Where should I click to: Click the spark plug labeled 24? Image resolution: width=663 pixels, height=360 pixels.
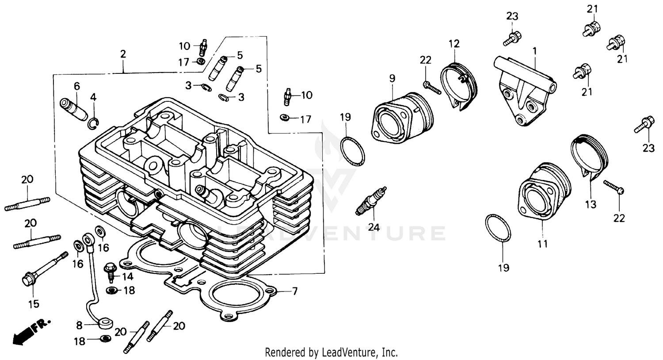[x=371, y=201]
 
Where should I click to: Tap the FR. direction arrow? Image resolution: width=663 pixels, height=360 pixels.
[x=31, y=330]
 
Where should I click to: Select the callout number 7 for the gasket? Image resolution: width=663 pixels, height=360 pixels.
[x=295, y=291]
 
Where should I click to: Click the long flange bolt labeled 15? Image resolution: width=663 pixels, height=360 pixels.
[x=43, y=269]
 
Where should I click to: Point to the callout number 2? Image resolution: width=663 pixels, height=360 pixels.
[x=123, y=54]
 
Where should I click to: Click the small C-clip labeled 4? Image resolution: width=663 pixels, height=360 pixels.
[x=94, y=123]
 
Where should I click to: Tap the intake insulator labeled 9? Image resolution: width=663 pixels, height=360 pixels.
[x=400, y=117]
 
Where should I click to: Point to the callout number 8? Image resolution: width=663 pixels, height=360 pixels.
[x=79, y=326]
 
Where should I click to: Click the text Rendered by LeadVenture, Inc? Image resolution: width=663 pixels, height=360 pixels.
[x=331, y=352]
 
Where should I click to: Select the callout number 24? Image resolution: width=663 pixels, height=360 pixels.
[x=374, y=227]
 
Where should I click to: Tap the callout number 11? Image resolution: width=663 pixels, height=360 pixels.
[x=542, y=244]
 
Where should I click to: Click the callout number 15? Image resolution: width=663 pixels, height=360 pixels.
[x=34, y=304]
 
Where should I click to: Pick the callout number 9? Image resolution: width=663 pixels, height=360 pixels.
[x=392, y=78]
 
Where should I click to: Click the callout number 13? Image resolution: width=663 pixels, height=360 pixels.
[x=591, y=204]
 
